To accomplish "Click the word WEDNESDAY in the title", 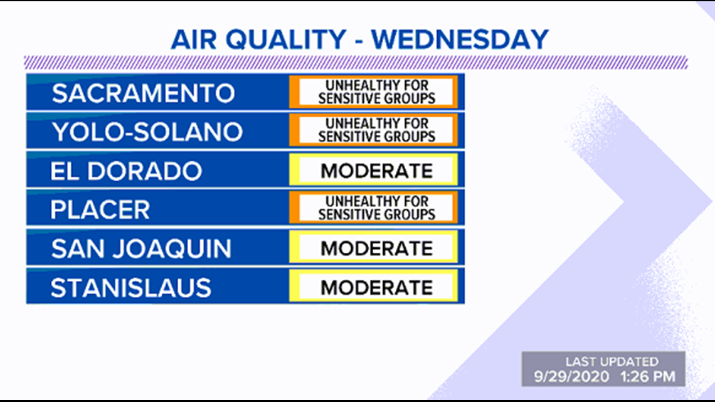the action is tap(460, 40).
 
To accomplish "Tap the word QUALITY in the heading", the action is tap(286, 40).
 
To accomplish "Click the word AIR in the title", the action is tap(194, 40).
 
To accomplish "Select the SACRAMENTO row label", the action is tap(143, 93).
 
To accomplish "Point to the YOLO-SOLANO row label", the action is tap(147, 132).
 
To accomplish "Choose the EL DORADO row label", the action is tap(126, 171).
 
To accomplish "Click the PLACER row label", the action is tap(100, 209).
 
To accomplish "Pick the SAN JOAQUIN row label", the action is tap(141, 249).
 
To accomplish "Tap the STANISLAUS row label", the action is tap(131, 288).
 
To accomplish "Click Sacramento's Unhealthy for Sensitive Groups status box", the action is tap(373, 92).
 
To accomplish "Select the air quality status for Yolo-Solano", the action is tap(373, 130).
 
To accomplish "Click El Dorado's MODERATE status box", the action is tap(373, 170).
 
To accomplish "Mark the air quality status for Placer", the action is tap(373, 208).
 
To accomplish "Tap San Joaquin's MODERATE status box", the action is tap(373, 247).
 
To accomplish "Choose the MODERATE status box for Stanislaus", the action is tap(373, 286).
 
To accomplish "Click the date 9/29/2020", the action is tap(571, 376).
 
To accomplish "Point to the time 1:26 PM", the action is tap(647, 376).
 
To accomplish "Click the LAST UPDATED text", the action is tap(612, 361).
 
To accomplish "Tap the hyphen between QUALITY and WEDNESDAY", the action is tap(359, 41).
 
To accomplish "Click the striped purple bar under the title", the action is tap(356, 63).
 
